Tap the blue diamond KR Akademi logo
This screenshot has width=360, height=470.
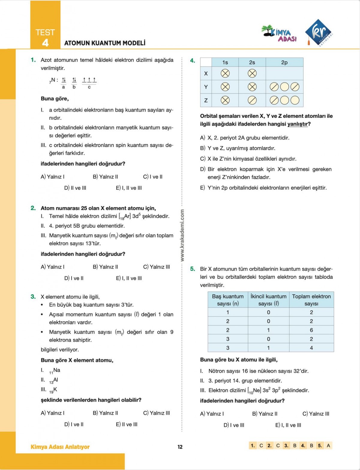pos(319,32)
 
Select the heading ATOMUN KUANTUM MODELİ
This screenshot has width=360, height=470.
pos(105,43)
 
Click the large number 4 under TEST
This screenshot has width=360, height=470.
pos(45,43)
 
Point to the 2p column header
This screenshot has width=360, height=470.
pos(284,62)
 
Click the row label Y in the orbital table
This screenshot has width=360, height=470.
pos(206,87)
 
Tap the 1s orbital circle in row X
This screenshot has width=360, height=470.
pos(225,73)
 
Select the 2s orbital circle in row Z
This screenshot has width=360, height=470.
pos(252,100)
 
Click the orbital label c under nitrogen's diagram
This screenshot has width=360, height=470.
pos(89,87)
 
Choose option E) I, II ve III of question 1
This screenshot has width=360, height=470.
pos(129,188)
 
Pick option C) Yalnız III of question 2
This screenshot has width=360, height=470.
pos(156,267)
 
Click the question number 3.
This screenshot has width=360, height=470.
pos(33,297)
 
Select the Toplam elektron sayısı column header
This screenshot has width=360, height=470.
pos(311,300)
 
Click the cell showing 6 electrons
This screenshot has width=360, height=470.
pos(311,330)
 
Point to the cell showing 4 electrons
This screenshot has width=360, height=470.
pos(311,348)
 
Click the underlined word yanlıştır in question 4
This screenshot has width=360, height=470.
pos(297,124)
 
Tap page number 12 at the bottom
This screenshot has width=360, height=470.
pos(180,447)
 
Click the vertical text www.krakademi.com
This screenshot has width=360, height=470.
pos(182,236)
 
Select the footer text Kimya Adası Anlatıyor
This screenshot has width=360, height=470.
pos(60,447)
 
